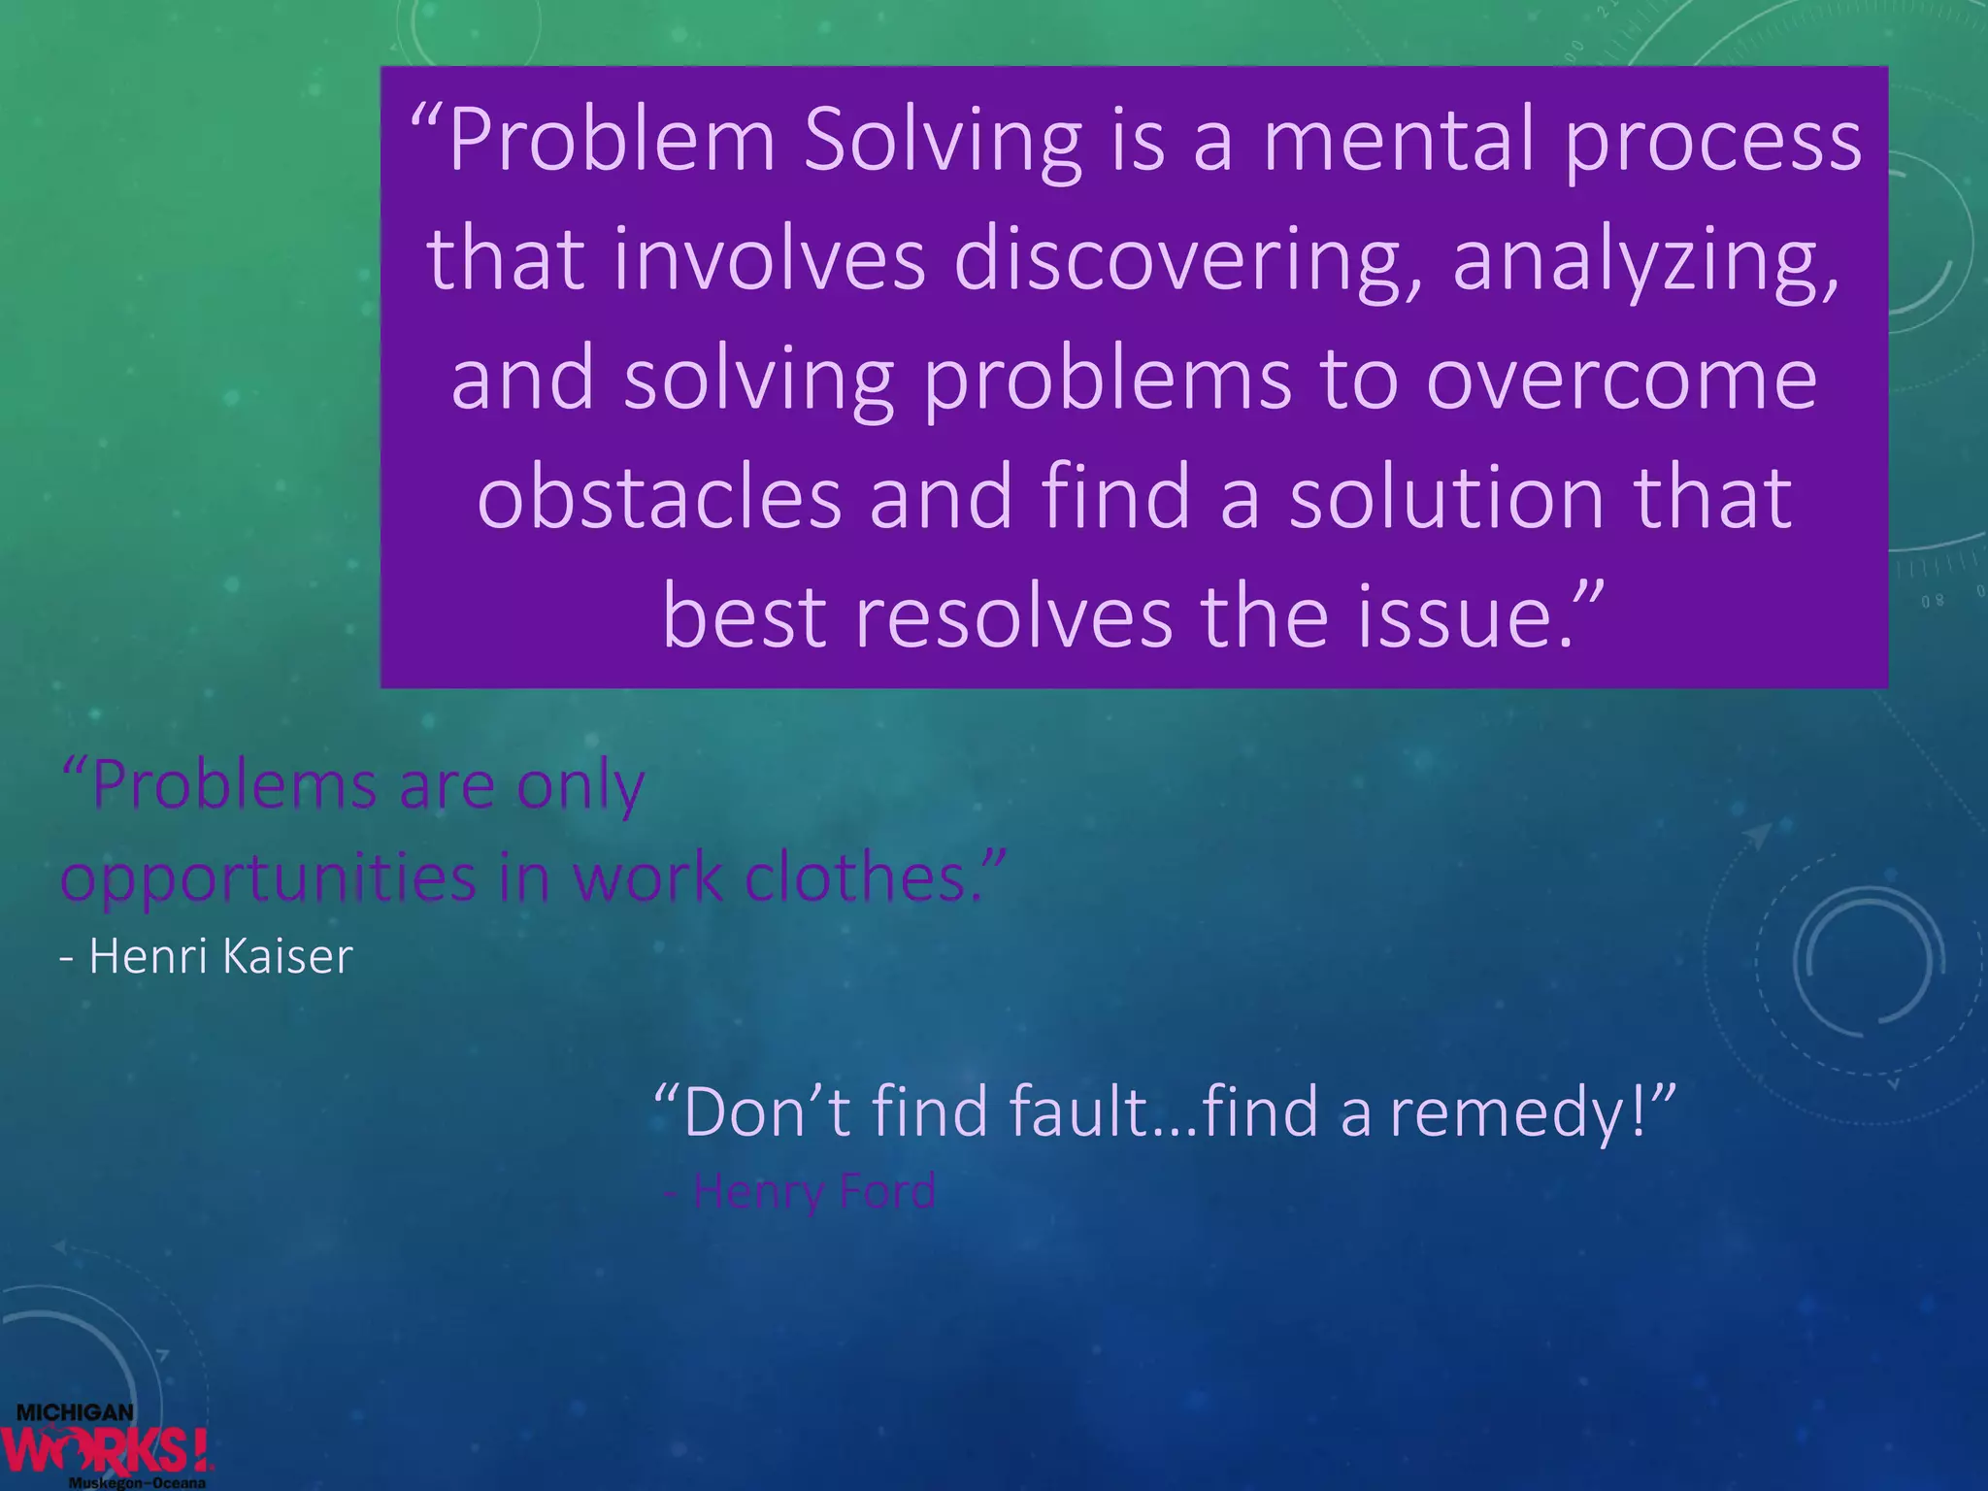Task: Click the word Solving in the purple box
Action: pyautogui.click(x=943, y=142)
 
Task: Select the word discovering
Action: pyautogui.click(x=1188, y=260)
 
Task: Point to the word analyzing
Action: pyautogui.click(x=1644, y=260)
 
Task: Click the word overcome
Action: pyautogui.click(x=1620, y=380)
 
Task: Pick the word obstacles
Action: pyautogui.click(x=659, y=498)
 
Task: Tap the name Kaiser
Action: pyautogui.click(x=287, y=956)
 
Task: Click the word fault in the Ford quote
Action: pyautogui.click(x=1078, y=1110)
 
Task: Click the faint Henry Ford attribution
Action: pyautogui.click(x=802, y=1191)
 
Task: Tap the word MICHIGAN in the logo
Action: pyautogui.click(x=75, y=1412)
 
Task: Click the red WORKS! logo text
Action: pyautogui.click(x=107, y=1450)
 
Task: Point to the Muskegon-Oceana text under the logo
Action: pyautogui.click(x=137, y=1483)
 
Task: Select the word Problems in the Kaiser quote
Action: pyautogui.click(x=232, y=784)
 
